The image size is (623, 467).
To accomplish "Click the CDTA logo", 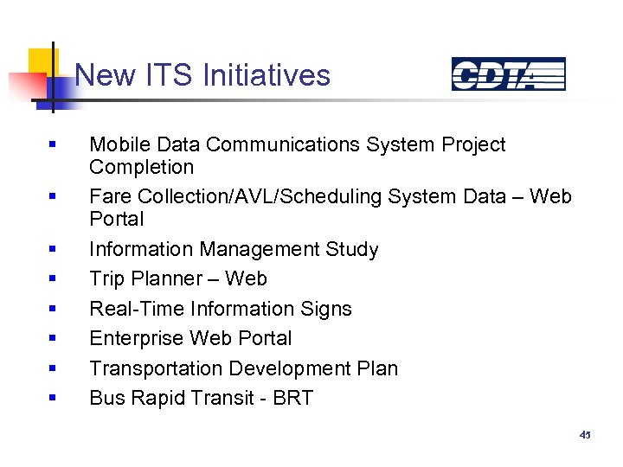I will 508,74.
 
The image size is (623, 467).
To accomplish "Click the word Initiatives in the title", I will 266,75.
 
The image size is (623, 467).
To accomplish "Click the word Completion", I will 141,167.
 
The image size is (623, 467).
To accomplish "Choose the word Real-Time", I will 134,309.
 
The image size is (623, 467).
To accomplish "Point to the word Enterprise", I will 137,338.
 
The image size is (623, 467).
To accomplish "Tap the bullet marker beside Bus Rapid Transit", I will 53,399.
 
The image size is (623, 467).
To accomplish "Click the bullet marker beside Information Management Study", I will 53,250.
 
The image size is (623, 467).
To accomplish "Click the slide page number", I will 585,435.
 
